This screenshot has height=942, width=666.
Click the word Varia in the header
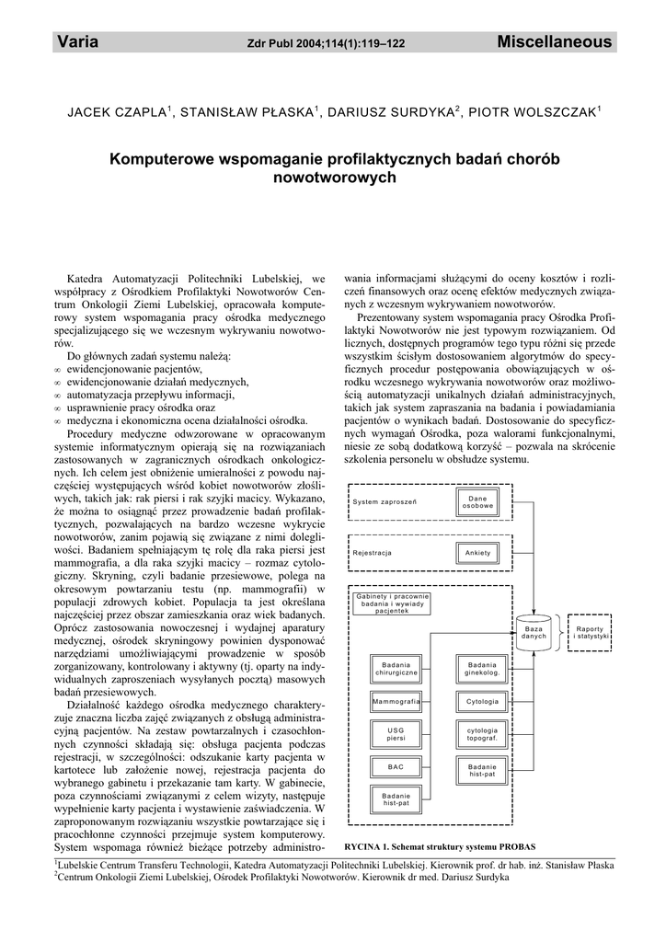pos(77,42)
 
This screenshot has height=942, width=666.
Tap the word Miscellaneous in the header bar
pos(554,42)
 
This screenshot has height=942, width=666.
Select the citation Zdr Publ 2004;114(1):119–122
pos(327,43)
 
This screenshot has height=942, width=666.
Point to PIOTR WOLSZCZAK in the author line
pos(533,112)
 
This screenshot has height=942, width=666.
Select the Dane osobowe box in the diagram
pos(477,502)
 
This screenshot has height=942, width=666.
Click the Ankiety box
pos(477,552)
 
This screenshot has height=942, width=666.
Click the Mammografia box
pos(396,701)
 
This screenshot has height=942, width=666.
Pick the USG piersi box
pos(396,733)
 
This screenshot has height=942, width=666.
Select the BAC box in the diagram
pos(396,766)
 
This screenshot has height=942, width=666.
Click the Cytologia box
pos(482,701)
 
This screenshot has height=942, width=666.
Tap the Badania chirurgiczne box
pos(396,668)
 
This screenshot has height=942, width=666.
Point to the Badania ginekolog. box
pos(482,668)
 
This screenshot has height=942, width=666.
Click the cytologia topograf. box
pos(482,733)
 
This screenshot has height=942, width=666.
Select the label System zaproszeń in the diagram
pos(385,502)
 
